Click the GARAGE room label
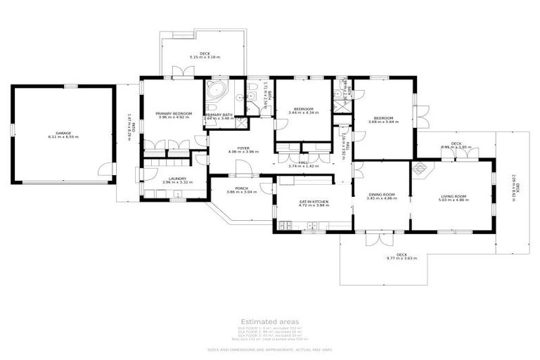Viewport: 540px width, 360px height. pyautogui.click(x=63, y=132)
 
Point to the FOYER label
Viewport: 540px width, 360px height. pyautogui.click(x=243, y=148)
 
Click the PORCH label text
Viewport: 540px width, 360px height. pyautogui.click(x=241, y=188)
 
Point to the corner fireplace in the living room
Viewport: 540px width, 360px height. pyautogui.click(x=419, y=167)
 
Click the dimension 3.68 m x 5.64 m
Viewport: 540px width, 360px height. pyautogui.click(x=383, y=122)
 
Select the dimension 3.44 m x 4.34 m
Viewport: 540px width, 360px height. pyautogui.click(x=303, y=113)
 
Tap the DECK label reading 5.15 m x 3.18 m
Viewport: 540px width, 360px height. pyautogui.click(x=204, y=57)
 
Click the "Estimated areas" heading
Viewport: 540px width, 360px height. pyautogui.click(x=269, y=321)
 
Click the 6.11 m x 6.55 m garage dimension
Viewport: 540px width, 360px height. pyautogui.click(x=63, y=136)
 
